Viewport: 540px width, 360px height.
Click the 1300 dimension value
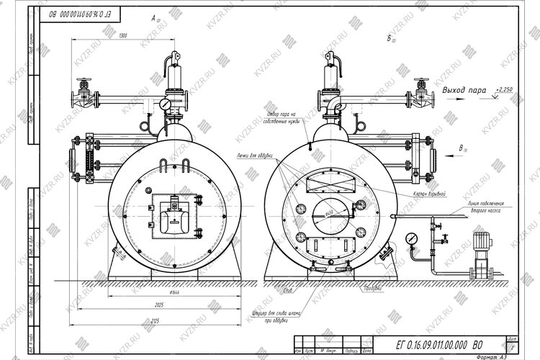tap(123, 35)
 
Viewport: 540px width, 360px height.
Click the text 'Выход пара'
tap(466, 91)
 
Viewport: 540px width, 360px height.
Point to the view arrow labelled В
tap(460, 150)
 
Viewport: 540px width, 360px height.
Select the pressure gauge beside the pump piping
tap(411, 237)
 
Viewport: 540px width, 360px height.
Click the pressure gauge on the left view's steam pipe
tap(167, 104)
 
